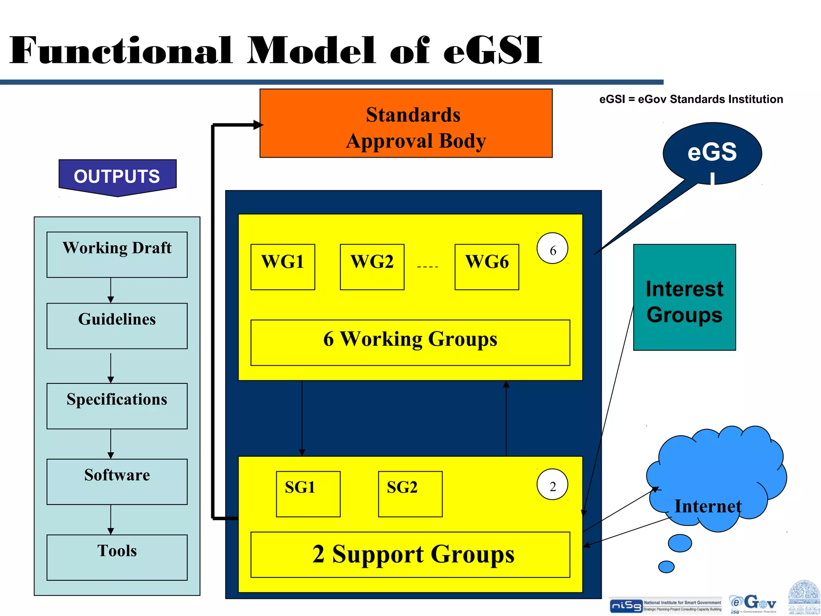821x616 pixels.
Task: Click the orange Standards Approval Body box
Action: pos(406,123)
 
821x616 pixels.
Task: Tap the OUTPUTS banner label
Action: pos(117,176)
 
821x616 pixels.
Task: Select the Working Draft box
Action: pos(117,254)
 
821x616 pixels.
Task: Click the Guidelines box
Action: pos(117,326)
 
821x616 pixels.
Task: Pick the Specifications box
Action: pos(117,406)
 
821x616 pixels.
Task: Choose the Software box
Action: pos(117,482)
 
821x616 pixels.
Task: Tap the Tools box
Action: pos(117,557)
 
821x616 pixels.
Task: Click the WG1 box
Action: pos(283,267)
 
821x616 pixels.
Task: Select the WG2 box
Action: pos(372,267)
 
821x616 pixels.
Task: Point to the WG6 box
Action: pos(487,267)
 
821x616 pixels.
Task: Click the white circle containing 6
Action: pos(552,248)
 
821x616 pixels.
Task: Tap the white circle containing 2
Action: pos(552,484)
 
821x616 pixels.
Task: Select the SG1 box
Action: pos(308,494)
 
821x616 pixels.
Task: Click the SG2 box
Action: pos(410,494)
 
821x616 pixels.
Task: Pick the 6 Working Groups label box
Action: pos(410,342)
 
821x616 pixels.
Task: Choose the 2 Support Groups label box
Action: pos(410,555)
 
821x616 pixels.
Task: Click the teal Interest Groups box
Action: pos(684,297)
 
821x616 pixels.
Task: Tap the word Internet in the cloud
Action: pos(708,506)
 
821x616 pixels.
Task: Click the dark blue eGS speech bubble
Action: pos(712,153)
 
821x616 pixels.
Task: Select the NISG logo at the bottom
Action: pos(626,606)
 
